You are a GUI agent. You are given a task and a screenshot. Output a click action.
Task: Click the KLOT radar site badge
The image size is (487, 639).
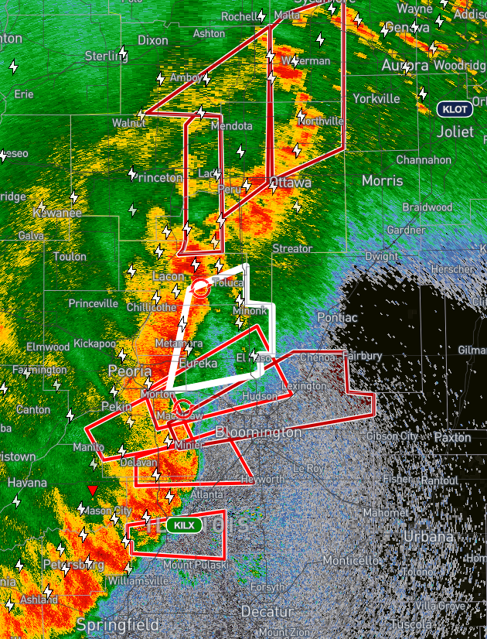[x=455, y=109]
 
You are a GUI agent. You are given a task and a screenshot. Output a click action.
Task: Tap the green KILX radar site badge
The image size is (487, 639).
[x=185, y=525]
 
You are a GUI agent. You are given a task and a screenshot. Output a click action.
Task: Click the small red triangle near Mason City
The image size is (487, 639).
[x=93, y=490]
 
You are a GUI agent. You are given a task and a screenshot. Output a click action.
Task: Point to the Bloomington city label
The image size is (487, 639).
[x=258, y=432]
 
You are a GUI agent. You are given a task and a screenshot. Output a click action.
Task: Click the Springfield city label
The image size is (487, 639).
[x=117, y=624]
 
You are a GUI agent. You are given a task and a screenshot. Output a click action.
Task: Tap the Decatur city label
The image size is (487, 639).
[x=267, y=611]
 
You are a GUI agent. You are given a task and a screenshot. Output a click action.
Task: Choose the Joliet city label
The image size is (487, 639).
[x=455, y=132]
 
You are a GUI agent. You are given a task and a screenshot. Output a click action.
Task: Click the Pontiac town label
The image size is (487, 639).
[x=337, y=317]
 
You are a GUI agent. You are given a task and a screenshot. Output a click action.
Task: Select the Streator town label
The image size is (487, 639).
[x=292, y=248]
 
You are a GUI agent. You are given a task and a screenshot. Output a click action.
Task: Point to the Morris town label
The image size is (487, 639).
[x=382, y=180]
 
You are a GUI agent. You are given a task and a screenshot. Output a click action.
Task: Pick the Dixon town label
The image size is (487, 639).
[x=153, y=39]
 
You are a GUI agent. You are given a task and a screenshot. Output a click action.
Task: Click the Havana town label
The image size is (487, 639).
[x=27, y=483]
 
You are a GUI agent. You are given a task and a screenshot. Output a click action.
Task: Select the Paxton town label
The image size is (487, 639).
[x=452, y=437]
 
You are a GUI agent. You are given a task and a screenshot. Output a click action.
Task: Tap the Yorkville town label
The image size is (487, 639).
[x=376, y=98]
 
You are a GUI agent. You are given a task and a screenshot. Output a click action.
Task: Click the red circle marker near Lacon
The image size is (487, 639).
[x=200, y=289]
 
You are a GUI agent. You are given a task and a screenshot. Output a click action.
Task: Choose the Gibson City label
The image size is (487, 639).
[x=392, y=436]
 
